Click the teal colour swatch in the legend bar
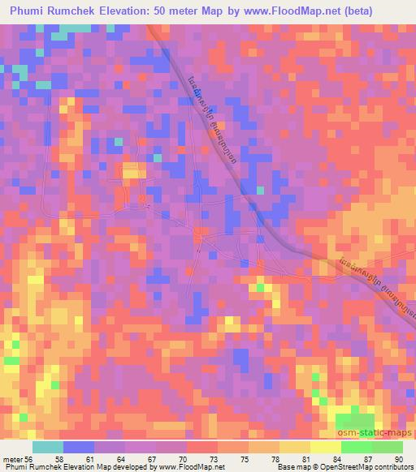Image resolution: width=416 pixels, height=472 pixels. pyautogui.click(x=48, y=447)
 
